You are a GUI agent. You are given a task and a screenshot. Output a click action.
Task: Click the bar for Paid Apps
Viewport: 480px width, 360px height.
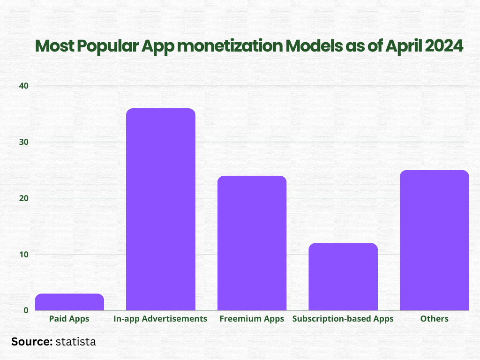pos(69,302)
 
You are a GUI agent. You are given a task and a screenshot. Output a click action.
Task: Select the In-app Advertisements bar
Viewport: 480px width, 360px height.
pos(161,210)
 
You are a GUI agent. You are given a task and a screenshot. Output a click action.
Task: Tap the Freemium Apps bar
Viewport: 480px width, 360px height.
pos(252,243)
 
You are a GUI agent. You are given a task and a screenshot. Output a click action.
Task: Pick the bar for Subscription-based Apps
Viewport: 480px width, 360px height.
pos(343,277)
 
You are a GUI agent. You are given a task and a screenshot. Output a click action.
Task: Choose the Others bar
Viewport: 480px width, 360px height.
pos(435,240)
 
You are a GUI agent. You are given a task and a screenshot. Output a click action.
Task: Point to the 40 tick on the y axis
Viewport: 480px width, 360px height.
pos(24,86)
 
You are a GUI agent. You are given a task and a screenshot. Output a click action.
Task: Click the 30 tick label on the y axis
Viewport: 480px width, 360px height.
pos(24,142)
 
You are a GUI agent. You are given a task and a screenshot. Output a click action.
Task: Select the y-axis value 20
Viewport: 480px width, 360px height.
pos(24,198)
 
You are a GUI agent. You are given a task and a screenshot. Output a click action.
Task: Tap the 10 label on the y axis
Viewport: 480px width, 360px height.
pos(24,255)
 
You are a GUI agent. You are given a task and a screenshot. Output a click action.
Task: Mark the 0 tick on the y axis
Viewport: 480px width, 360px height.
pos(25,310)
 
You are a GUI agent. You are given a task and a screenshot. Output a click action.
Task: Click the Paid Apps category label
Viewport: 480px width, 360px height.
pos(69,319)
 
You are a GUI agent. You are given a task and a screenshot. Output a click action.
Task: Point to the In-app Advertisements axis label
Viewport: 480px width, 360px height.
pos(160,319)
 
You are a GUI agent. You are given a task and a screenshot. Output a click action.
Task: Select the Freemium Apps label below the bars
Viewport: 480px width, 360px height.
pos(252,319)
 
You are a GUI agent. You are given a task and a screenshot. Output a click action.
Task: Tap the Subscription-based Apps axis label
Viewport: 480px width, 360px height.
pos(343,319)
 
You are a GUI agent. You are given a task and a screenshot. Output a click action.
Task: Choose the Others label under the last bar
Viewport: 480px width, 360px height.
pos(435,319)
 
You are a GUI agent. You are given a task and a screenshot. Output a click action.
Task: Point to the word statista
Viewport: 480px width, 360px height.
pos(75,342)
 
